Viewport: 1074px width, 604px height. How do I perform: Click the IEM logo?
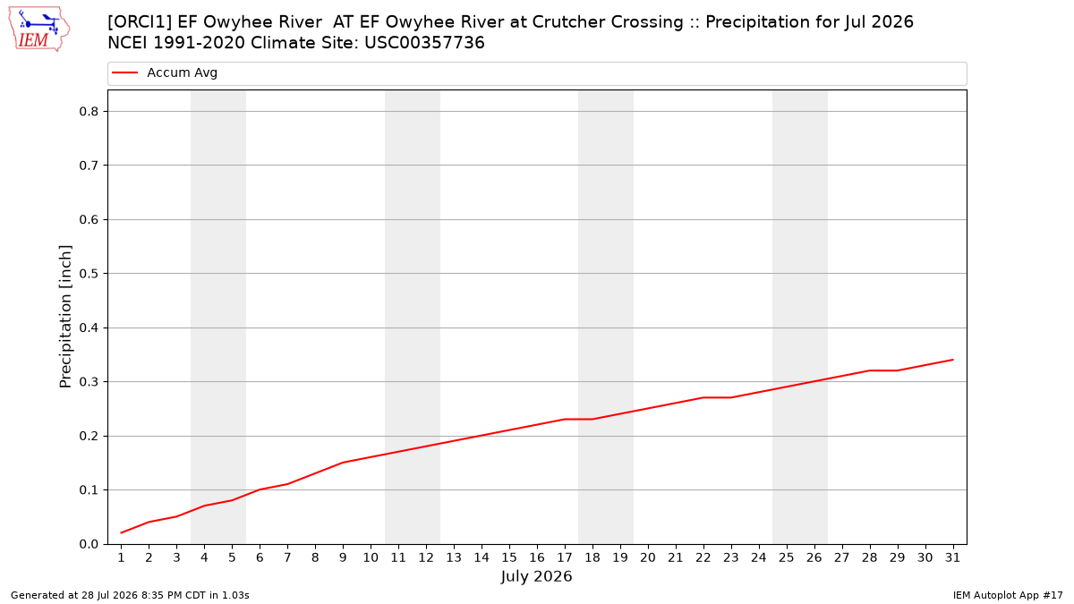[39, 29]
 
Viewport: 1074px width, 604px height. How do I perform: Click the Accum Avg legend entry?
[165, 72]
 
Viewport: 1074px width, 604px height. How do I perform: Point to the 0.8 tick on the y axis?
[106, 111]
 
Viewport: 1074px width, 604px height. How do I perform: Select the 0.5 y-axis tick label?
[89, 274]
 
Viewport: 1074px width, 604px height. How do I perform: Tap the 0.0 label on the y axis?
[89, 544]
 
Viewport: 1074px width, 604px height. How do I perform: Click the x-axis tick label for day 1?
[122, 557]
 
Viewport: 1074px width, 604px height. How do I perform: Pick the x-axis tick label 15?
[509, 557]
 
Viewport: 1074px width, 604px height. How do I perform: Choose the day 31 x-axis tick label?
[952, 557]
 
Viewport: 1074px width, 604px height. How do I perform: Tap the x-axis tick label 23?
[731, 557]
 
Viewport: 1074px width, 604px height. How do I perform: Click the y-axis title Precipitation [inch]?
[65, 317]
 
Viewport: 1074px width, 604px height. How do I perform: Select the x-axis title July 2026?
[536, 576]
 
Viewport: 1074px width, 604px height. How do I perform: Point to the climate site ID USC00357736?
[425, 43]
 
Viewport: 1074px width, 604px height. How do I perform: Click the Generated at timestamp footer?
[130, 595]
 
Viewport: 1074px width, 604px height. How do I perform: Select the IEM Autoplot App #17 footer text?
[1008, 595]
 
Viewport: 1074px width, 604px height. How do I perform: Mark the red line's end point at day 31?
[952, 360]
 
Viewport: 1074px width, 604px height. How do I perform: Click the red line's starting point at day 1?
[122, 532]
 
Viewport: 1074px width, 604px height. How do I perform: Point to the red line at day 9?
[344, 463]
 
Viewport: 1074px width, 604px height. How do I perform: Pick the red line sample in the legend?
[124, 72]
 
